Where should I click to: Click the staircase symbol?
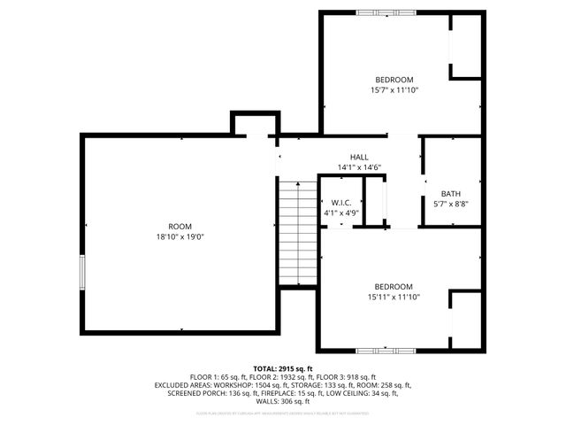tap(298, 231)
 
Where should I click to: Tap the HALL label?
tap(358, 157)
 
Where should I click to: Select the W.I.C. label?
tap(340, 202)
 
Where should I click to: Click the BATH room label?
tap(450, 194)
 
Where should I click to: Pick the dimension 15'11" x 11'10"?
tap(394, 297)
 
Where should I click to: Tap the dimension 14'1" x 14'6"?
tap(358, 167)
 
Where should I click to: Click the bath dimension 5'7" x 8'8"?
tap(450, 205)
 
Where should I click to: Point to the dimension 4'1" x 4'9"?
tap(340, 212)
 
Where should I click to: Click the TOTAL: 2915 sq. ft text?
tap(283, 368)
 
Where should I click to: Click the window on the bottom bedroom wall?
tap(386, 351)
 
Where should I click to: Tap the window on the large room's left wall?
tap(82, 272)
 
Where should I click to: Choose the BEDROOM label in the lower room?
tap(394, 287)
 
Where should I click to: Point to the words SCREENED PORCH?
tap(196, 393)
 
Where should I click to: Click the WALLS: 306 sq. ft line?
tap(283, 401)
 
